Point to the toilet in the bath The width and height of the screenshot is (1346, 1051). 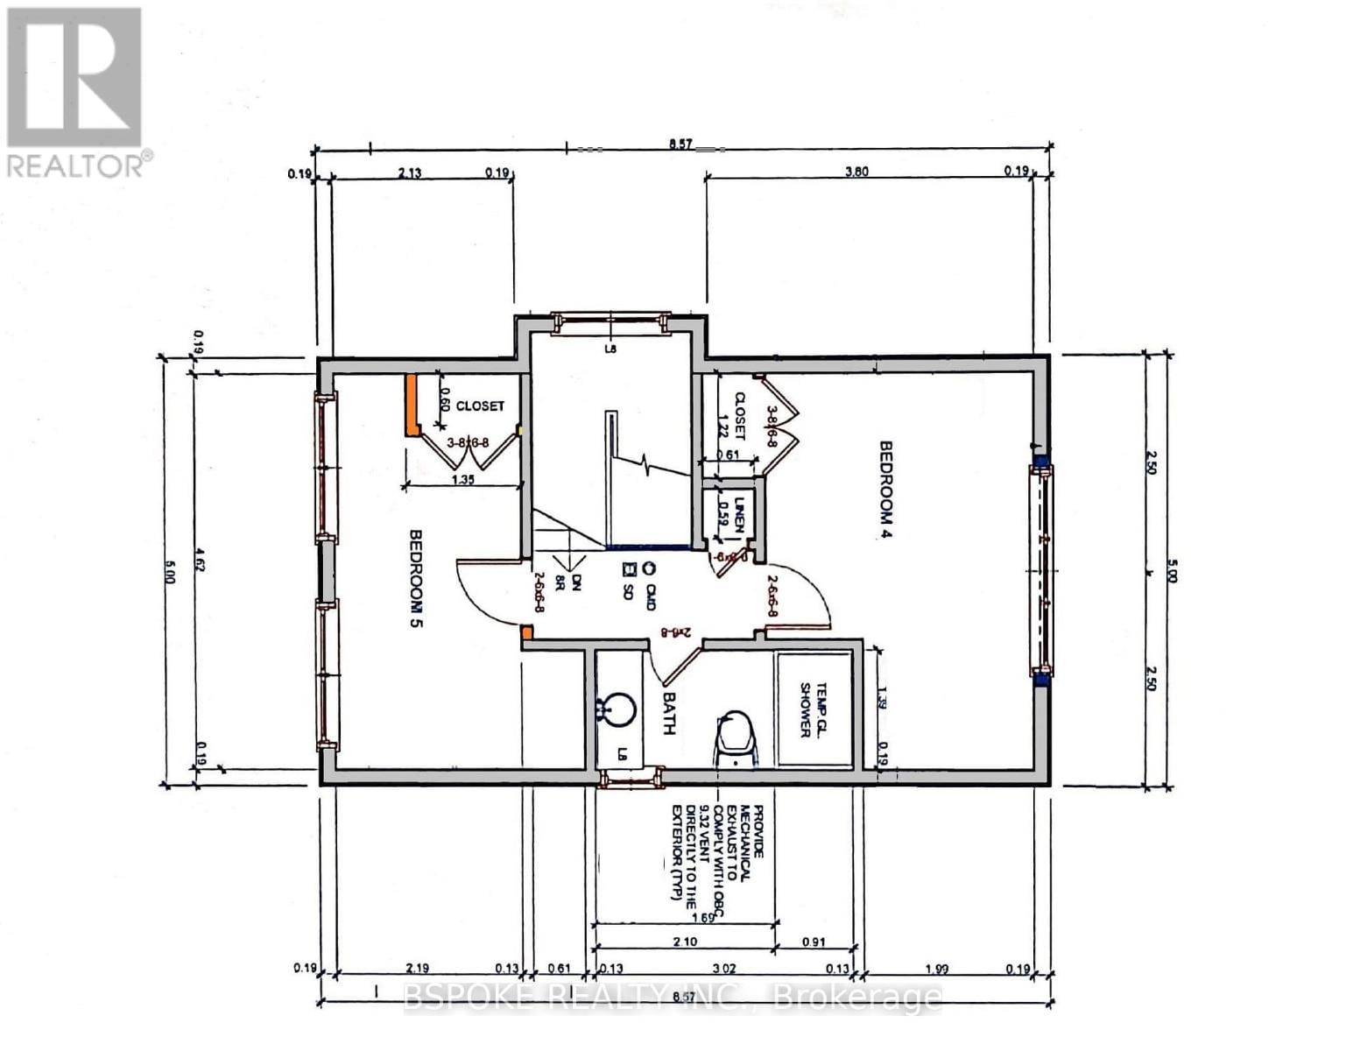736,738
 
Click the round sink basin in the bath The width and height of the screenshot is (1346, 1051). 618,709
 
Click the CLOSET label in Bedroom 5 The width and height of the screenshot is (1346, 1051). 480,406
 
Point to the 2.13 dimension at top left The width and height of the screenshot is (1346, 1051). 409,173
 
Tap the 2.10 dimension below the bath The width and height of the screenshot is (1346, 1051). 685,942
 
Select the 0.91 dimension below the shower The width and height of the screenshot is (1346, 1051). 814,942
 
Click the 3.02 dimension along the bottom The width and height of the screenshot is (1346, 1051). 722,969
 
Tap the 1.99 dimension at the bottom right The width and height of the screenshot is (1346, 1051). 937,969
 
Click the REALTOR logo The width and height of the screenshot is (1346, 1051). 75,91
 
